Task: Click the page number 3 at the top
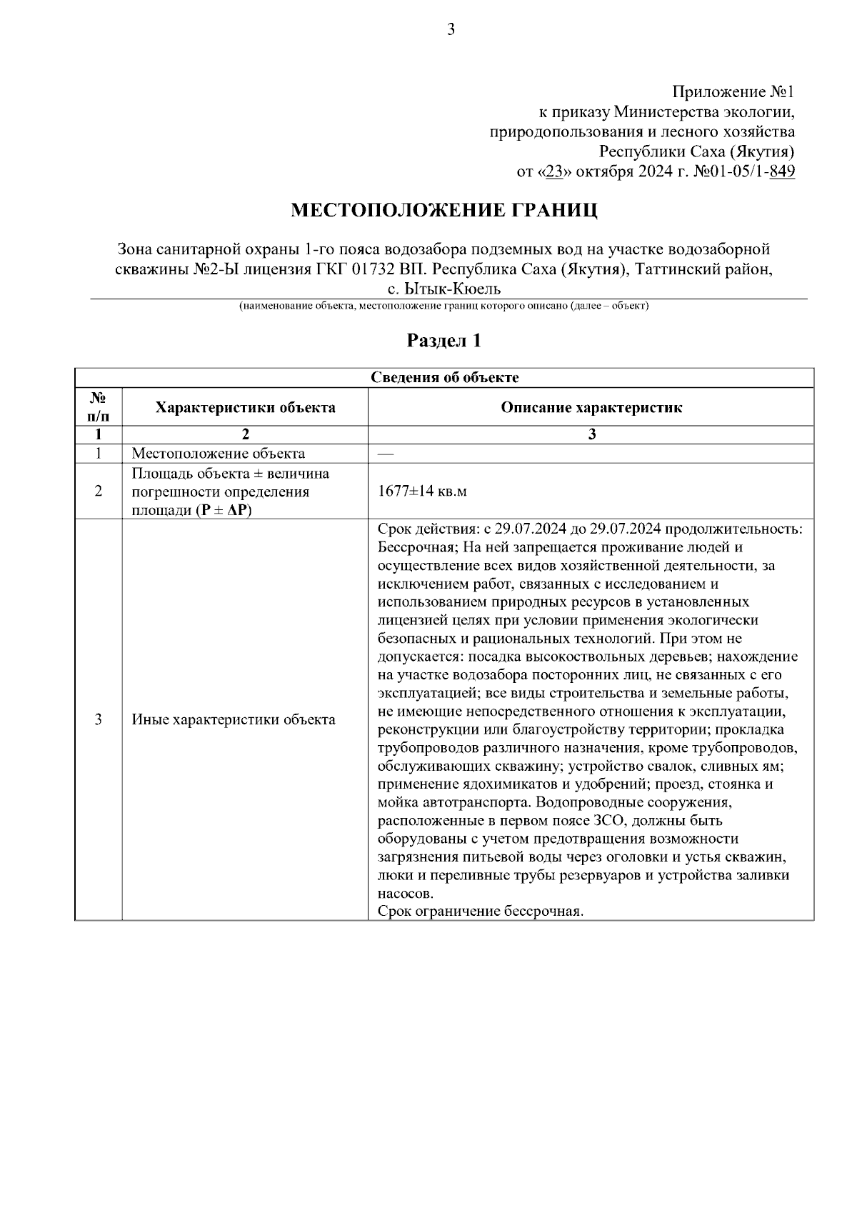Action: [x=451, y=29]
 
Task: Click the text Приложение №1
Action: [x=733, y=92]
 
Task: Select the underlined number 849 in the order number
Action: [x=783, y=171]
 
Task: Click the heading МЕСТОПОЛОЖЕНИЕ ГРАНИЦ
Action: [x=443, y=210]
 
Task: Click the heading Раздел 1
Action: [x=443, y=341]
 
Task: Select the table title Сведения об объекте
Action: [x=444, y=377]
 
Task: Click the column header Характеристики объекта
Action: [x=245, y=407]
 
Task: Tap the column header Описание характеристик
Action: [x=591, y=407]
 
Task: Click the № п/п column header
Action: [x=99, y=407]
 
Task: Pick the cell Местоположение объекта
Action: [x=218, y=454]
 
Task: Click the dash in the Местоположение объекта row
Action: [x=385, y=454]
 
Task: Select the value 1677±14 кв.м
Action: [x=421, y=491]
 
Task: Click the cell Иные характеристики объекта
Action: [x=233, y=719]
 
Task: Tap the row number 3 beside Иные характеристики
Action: [x=99, y=719]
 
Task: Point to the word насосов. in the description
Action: [x=405, y=893]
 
